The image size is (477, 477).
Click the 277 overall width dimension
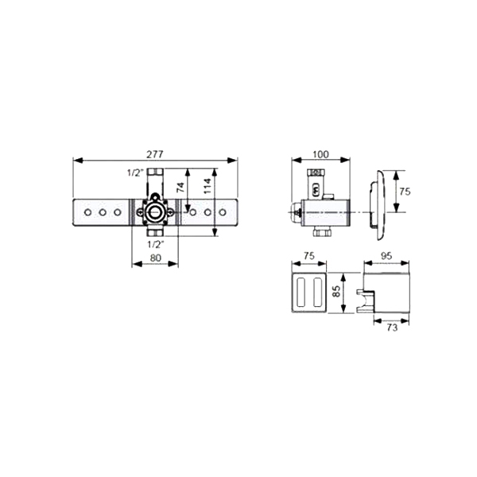pyautogui.click(x=155, y=154)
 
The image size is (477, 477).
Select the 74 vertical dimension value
pyautogui.click(x=180, y=187)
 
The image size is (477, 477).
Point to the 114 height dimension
pyautogui.click(x=207, y=186)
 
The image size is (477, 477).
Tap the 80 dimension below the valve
pyautogui.click(x=156, y=258)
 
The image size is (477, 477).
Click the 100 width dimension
pyautogui.click(x=321, y=154)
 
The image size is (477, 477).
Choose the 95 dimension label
pyautogui.click(x=386, y=256)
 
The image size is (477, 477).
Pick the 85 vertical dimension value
pyautogui.click(x=336, y=292)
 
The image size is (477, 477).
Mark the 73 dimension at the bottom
pyautogui.click(x=392, y=328)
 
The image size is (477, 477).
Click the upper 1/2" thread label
pyautogui.click(x=135, y=173)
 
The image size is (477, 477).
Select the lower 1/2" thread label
pyautogui.click(x=156, y=244)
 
